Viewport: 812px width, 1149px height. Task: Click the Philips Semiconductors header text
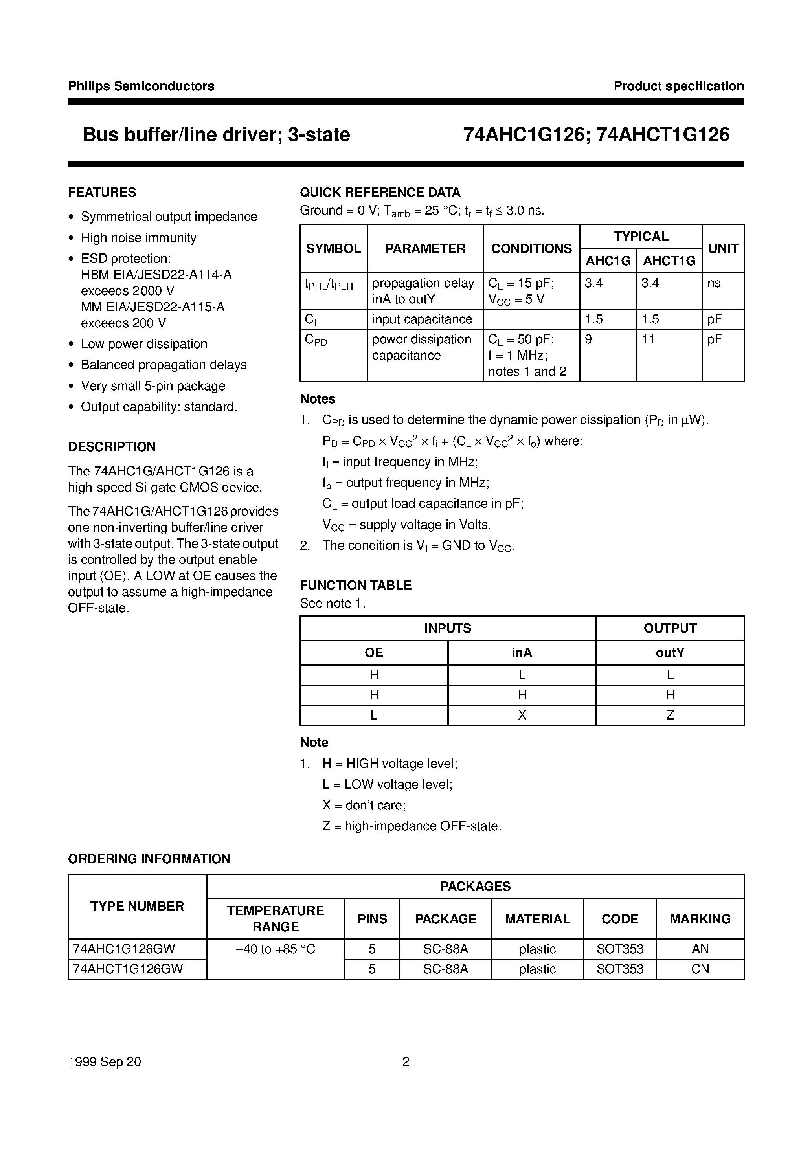click(141, 86)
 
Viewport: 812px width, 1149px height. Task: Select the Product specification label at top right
click(678, 86)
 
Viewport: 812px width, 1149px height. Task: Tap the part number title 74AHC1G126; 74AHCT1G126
click(596, 135)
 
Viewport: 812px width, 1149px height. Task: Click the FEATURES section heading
click(102, 193)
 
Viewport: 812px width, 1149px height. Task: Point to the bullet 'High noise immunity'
click(139, 238)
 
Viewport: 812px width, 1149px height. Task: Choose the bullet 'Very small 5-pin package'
click(153, 386)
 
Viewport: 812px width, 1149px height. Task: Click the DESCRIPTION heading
click(112, 446)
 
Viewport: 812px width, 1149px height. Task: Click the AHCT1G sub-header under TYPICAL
click(669, 261)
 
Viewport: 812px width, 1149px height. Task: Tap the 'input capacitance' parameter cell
click(422, 319)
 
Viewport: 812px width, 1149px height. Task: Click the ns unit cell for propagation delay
click(714, 283)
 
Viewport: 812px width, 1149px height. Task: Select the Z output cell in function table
click(670, 715)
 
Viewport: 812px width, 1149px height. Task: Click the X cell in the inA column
click(522, 715)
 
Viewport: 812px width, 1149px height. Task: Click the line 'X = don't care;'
click(364, 805)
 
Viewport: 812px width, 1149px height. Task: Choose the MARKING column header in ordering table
click(700, 919)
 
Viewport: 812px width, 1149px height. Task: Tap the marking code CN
click(700, 969)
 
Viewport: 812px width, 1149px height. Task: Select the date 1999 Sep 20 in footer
click(105, 1062)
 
